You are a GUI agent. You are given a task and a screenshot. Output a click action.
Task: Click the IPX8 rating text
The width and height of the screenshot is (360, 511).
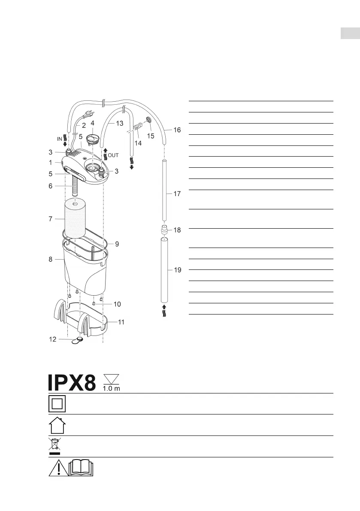click(72, 382)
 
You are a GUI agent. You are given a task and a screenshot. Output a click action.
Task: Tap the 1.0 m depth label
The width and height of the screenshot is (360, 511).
click(112, 388)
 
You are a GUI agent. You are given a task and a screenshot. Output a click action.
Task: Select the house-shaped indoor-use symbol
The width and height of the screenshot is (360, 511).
click(57, 425)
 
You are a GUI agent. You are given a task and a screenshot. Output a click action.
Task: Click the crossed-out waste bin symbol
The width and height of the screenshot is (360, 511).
click(54, 446)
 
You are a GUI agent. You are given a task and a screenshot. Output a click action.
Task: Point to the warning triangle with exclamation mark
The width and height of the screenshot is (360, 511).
click(59, 468)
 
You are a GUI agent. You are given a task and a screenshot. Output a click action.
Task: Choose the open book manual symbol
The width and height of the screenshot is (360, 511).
click(81, 468)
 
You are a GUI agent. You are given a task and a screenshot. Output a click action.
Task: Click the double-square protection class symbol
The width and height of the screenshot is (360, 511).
click(57, 403)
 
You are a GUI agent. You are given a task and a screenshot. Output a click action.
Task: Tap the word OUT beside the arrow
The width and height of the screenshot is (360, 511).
click(113, 155)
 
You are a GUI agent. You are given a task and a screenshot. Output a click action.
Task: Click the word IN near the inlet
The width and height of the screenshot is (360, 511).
click(60, 139)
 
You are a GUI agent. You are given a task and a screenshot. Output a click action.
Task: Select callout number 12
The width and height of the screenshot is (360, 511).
click(52, 339)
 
